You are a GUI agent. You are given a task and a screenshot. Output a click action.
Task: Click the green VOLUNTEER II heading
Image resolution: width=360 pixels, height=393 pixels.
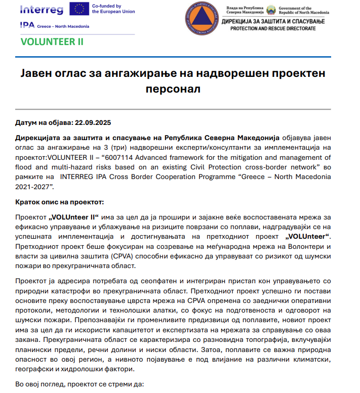click(x=52, y=41)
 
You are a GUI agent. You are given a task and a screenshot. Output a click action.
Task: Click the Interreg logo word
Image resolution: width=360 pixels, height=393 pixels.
click(x=42, y=9)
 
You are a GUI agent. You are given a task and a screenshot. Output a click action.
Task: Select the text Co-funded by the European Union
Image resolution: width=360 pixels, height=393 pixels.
click(x=114, y=9)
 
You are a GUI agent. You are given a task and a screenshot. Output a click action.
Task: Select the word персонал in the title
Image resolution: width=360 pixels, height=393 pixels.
click(x=180, y=90)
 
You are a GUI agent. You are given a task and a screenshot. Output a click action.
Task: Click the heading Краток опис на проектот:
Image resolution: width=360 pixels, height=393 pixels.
click(x=59, y=202)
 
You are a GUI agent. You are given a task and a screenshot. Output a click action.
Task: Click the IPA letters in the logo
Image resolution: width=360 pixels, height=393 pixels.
click(x=27, y=25)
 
